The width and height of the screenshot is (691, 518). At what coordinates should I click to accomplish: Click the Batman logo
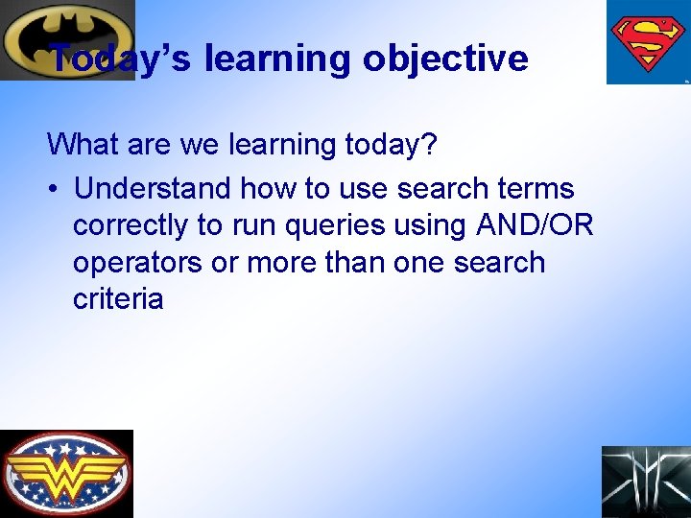coord(67,39)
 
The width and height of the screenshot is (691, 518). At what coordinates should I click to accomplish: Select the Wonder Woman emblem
coord(66,474)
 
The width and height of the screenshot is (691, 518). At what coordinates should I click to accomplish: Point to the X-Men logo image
coord(646,482)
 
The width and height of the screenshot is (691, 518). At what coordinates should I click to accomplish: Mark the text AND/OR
coord(535,225)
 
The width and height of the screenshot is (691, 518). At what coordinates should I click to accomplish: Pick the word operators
coord(138,263)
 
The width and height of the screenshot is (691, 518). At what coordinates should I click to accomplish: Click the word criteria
coord(118,299)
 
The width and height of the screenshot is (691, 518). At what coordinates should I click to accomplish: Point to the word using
coord(429,225)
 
